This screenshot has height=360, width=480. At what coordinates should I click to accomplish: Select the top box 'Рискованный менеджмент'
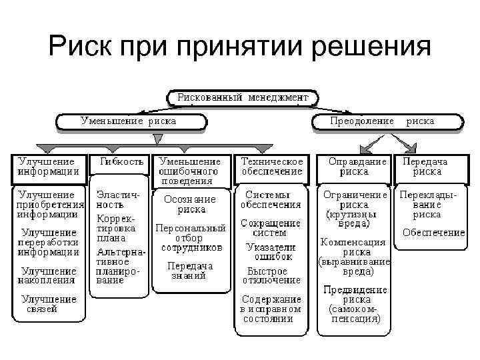[x=242, y=97]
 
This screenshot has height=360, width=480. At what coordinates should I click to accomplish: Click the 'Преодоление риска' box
[x=387, y=121]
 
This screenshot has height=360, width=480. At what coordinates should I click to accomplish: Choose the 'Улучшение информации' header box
[x=48, y=167]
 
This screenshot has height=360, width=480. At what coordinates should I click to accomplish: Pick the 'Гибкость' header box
[x=121, y=162]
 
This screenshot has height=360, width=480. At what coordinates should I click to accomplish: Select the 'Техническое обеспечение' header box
[x=271, y=167]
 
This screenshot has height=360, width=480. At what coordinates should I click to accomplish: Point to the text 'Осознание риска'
[x=191, y=204]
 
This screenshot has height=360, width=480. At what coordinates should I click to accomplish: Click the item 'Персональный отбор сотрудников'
[x=191, y=237]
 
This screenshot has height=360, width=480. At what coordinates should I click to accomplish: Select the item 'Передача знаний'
[x=191, y=270]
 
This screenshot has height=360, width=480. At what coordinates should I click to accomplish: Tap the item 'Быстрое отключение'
[x=267, y=276]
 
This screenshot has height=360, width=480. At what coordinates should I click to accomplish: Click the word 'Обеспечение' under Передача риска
[x=433, y=233]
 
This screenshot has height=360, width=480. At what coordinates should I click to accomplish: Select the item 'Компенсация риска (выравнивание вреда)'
[x=354, y=257]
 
